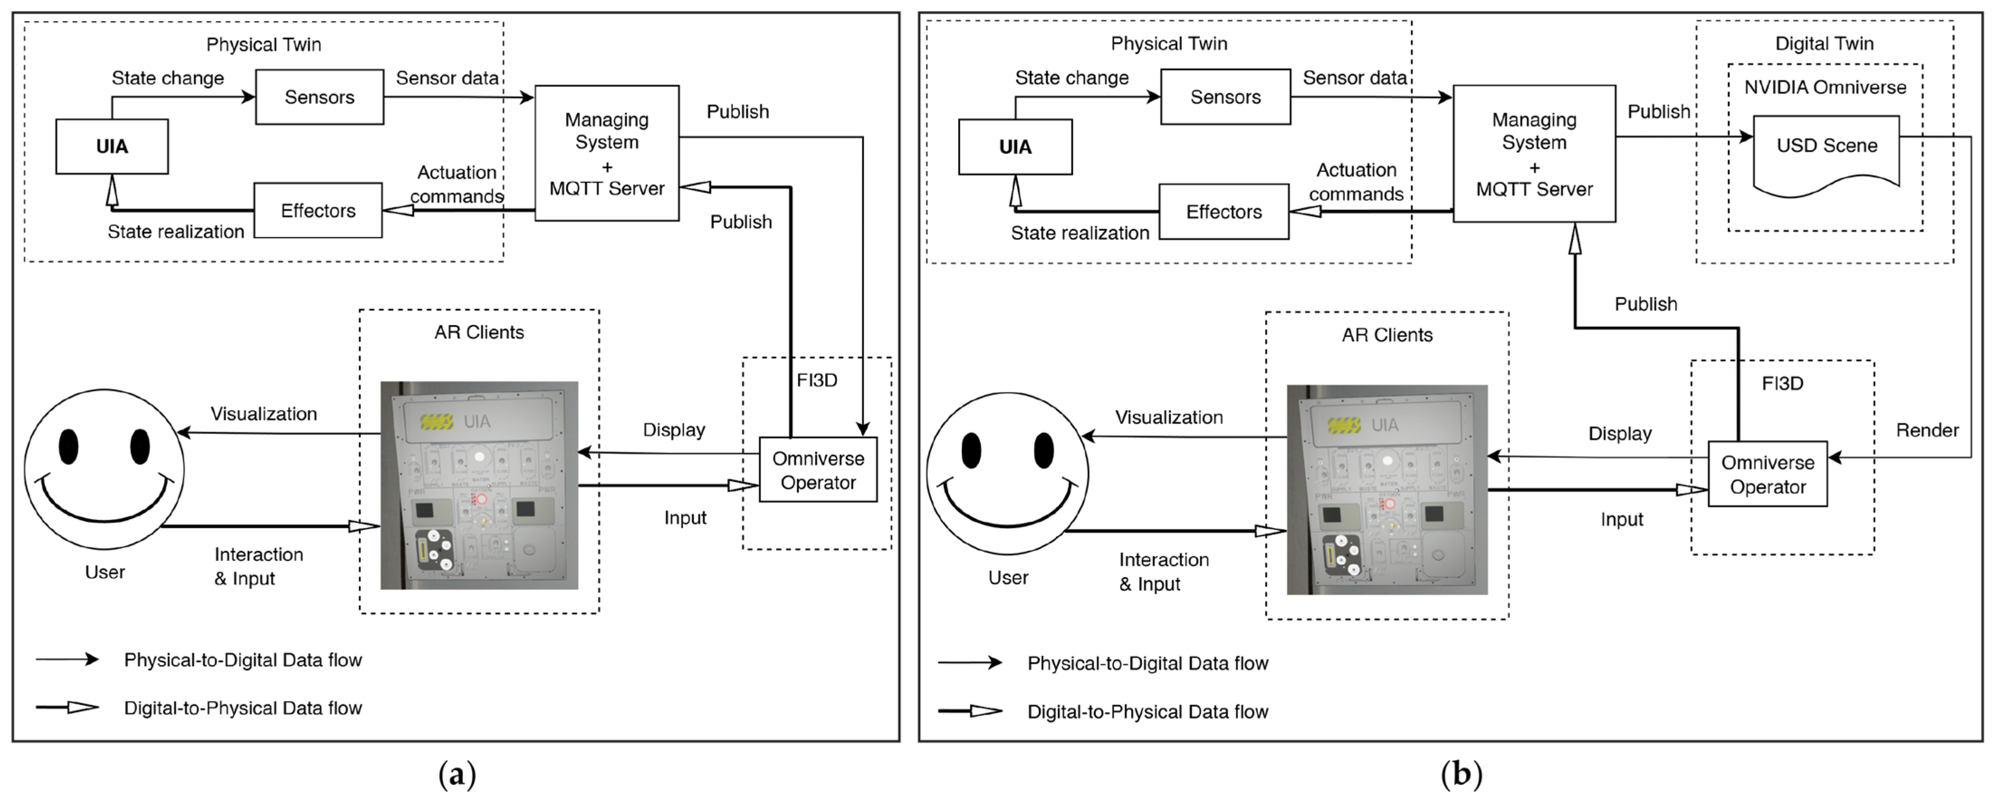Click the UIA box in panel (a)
tap(112, 147)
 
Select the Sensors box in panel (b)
tap(1225, 97)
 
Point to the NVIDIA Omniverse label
tap(1825, 87)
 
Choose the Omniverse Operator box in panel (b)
tap(1767, 474)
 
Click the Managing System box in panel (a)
tap(606, 153)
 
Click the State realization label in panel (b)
tap(1079, 233)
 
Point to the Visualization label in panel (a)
tap(263, 414)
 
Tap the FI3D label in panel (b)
tap(1782, 383)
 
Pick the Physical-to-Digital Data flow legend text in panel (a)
tap(243, 660)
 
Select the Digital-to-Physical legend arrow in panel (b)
tap(970, 711)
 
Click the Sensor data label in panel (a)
tap(447, 78)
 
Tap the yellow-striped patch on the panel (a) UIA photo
tap(436, 421)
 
